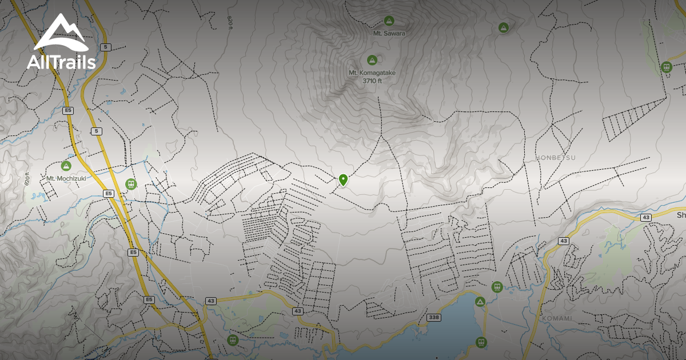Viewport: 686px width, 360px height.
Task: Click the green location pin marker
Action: pos(343,179)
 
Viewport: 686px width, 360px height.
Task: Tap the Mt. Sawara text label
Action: pos(389,33)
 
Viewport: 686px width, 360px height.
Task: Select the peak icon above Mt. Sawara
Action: pos(389,21)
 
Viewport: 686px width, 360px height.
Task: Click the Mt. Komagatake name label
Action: pos(372,73)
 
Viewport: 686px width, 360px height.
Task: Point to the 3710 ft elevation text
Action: pos(372,81)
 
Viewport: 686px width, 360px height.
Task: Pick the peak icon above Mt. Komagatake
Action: pos(372,59)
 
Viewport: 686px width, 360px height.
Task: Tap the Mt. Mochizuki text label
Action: pos(66,178)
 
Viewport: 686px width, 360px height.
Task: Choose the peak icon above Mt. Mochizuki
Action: pos(66,166)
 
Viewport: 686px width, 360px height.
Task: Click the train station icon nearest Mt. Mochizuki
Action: pos(131,184)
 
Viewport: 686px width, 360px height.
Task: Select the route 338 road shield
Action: pos(433,317)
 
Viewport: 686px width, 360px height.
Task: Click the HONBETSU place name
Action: pos(556,157)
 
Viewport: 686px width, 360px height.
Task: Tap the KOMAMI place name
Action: pos(557,318)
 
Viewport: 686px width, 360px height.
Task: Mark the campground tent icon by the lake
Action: pos(480,301)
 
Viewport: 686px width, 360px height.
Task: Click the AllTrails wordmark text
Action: pos(61,62)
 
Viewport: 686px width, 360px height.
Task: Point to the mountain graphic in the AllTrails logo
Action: pos(60,33)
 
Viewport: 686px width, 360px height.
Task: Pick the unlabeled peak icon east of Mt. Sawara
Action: pos(503,27)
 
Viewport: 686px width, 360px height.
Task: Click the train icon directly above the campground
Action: pos(497,286)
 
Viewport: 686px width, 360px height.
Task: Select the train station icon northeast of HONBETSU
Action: pos(666,67)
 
